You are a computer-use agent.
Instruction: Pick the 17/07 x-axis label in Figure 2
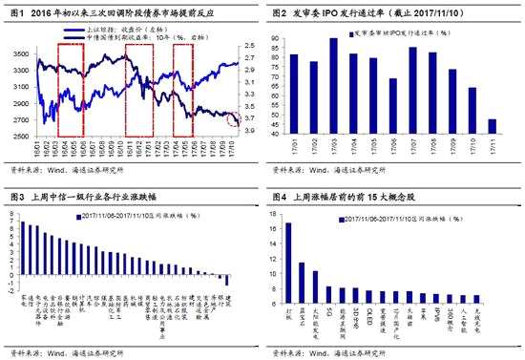pos(412,154)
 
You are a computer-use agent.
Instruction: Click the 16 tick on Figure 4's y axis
pos(275,226)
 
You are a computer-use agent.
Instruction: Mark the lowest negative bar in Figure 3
pos(227,281)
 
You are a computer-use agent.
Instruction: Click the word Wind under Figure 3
pos(60,354)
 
